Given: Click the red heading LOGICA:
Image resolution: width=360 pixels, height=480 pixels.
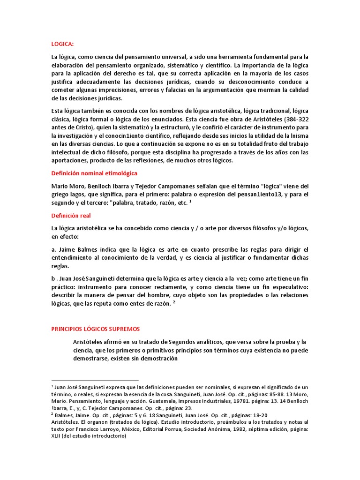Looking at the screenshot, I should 62,44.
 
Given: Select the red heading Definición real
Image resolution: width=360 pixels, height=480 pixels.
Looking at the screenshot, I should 71,216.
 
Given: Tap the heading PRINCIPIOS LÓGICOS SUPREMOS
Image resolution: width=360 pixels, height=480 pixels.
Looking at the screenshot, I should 95,329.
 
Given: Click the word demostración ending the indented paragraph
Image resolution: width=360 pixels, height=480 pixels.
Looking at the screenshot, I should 158,358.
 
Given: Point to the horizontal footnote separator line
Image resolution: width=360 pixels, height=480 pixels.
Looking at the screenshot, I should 95,381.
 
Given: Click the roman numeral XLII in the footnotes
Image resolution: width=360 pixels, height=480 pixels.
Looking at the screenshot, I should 58,435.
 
